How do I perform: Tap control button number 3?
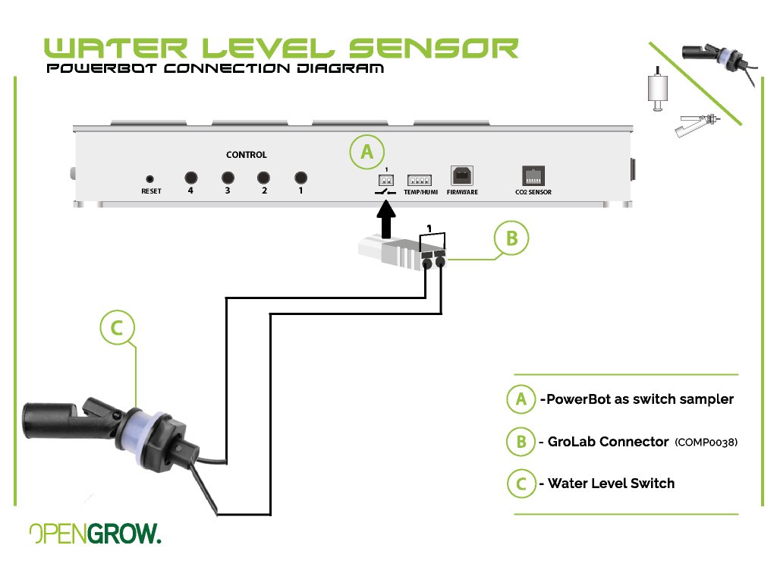coord(227,178)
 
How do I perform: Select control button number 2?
coord(264,178)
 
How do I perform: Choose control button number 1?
coord(300,178)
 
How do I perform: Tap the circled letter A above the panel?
coord(366,152)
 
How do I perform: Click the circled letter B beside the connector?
coord(511,238)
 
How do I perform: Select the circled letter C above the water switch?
coord(116,329)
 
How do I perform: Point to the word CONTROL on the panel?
coord(247,155)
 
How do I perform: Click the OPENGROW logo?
coord(95,534)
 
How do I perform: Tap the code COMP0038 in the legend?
coord(706,442)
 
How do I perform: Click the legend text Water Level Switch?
coord(611,484)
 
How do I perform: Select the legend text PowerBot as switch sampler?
coord(637,399)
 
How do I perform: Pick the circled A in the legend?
coord(521,399)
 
